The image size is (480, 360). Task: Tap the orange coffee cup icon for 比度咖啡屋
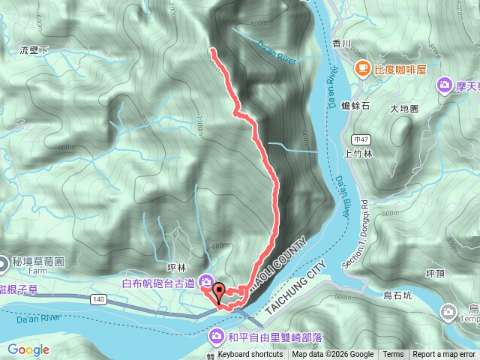click(x=362, y=68)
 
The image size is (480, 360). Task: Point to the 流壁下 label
click(x=34, y=50)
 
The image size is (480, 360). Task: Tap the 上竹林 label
click(x=358, y=154)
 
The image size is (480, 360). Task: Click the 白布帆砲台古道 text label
click(x=158, y=283)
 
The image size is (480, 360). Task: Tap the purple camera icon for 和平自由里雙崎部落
click(x=217, y=334)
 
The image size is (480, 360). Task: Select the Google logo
click(x=28, y=349)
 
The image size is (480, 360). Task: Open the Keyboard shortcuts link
click(x=250, y=355)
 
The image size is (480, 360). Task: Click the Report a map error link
click(x=444, y=355)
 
